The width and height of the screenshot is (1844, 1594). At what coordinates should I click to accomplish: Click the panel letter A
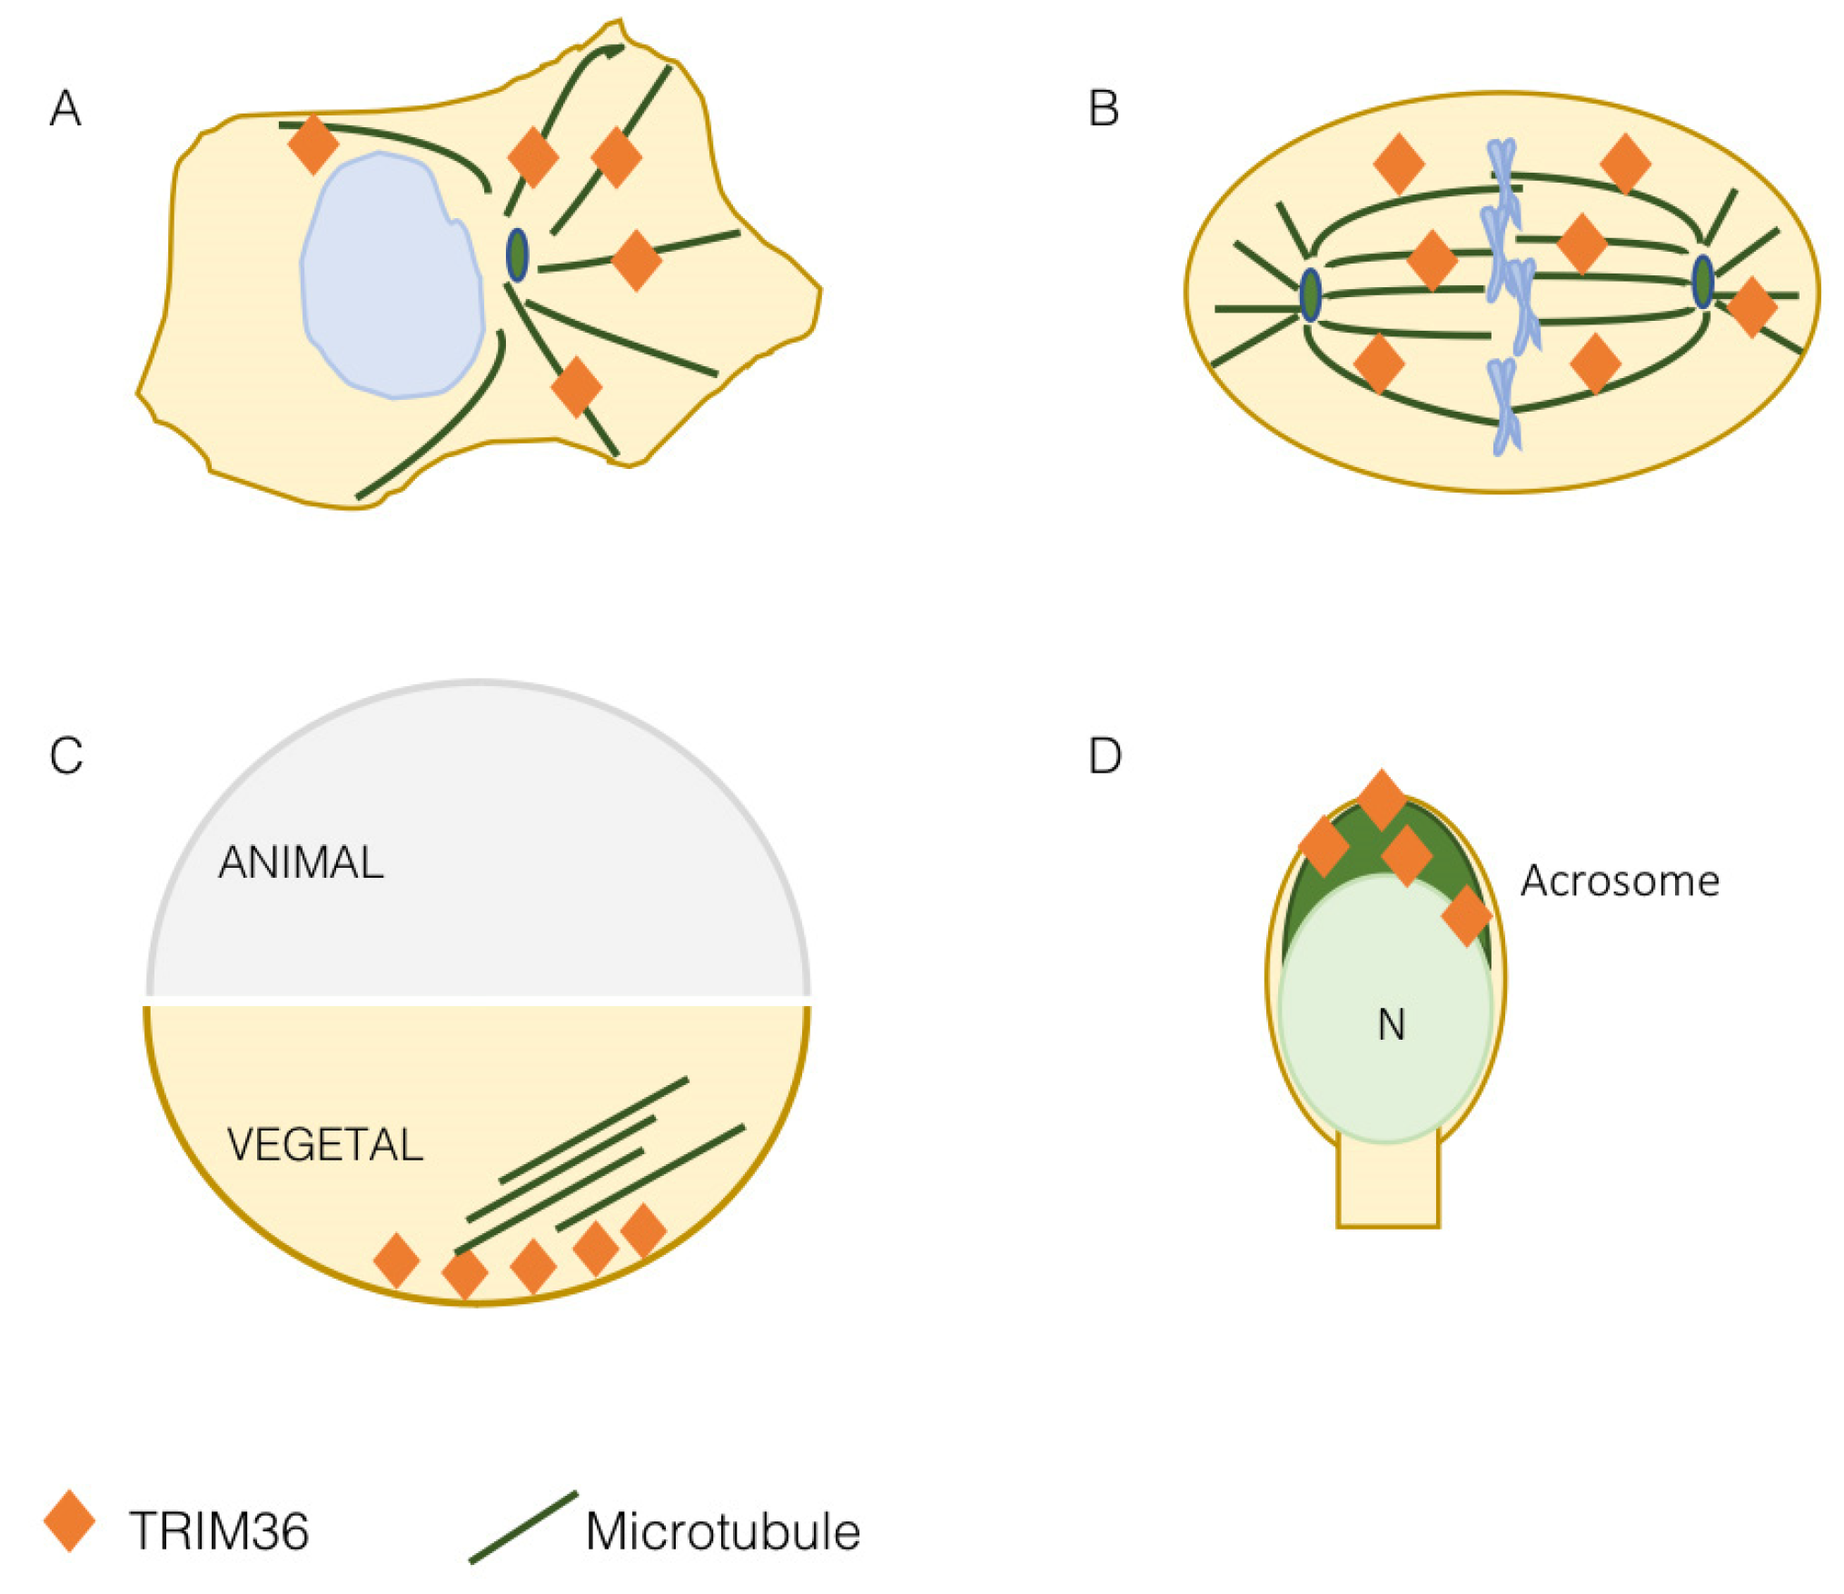point(65,109)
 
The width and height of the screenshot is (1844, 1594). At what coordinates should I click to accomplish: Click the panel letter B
point(1103,109)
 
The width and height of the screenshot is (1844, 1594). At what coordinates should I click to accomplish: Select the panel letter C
point(66,755)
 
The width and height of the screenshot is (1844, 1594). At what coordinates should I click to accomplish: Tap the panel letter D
point(1105,755)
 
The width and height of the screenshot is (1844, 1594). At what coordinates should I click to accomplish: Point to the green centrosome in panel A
point(517,255)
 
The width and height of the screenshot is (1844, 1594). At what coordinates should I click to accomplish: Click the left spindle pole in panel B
point(1310,295)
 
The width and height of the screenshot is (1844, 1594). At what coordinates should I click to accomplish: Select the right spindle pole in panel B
point(1702,282)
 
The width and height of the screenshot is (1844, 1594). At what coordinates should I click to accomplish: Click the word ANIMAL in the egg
point(301,862)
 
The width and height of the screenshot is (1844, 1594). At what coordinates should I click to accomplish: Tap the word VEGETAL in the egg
point(324,1145)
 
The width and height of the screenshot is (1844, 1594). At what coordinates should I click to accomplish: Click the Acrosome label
point(1620,881)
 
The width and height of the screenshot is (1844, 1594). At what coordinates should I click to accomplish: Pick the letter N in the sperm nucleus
point(1391,1025)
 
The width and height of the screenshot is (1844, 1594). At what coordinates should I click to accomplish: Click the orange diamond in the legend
point(70,1520)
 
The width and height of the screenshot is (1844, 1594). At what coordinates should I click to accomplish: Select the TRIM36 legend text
point(219,1531)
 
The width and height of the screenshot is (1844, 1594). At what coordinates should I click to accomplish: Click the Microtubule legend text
point(722,1531)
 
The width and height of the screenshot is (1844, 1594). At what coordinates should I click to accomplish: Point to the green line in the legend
point(523,1527)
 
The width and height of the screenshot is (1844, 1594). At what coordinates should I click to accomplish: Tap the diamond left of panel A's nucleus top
point(313,144)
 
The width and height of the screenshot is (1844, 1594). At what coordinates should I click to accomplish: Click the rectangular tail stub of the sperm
point(1387,1181)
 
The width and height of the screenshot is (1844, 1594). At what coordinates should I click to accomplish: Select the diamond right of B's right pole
point(1751,307)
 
